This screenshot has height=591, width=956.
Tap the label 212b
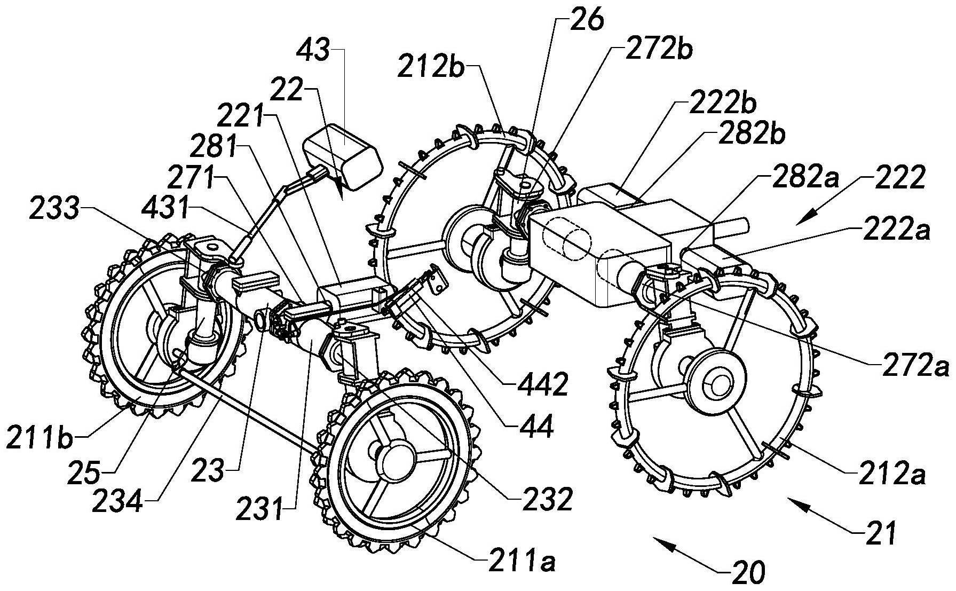tap(431, 69)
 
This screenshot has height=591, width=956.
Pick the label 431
tap(163, 209)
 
